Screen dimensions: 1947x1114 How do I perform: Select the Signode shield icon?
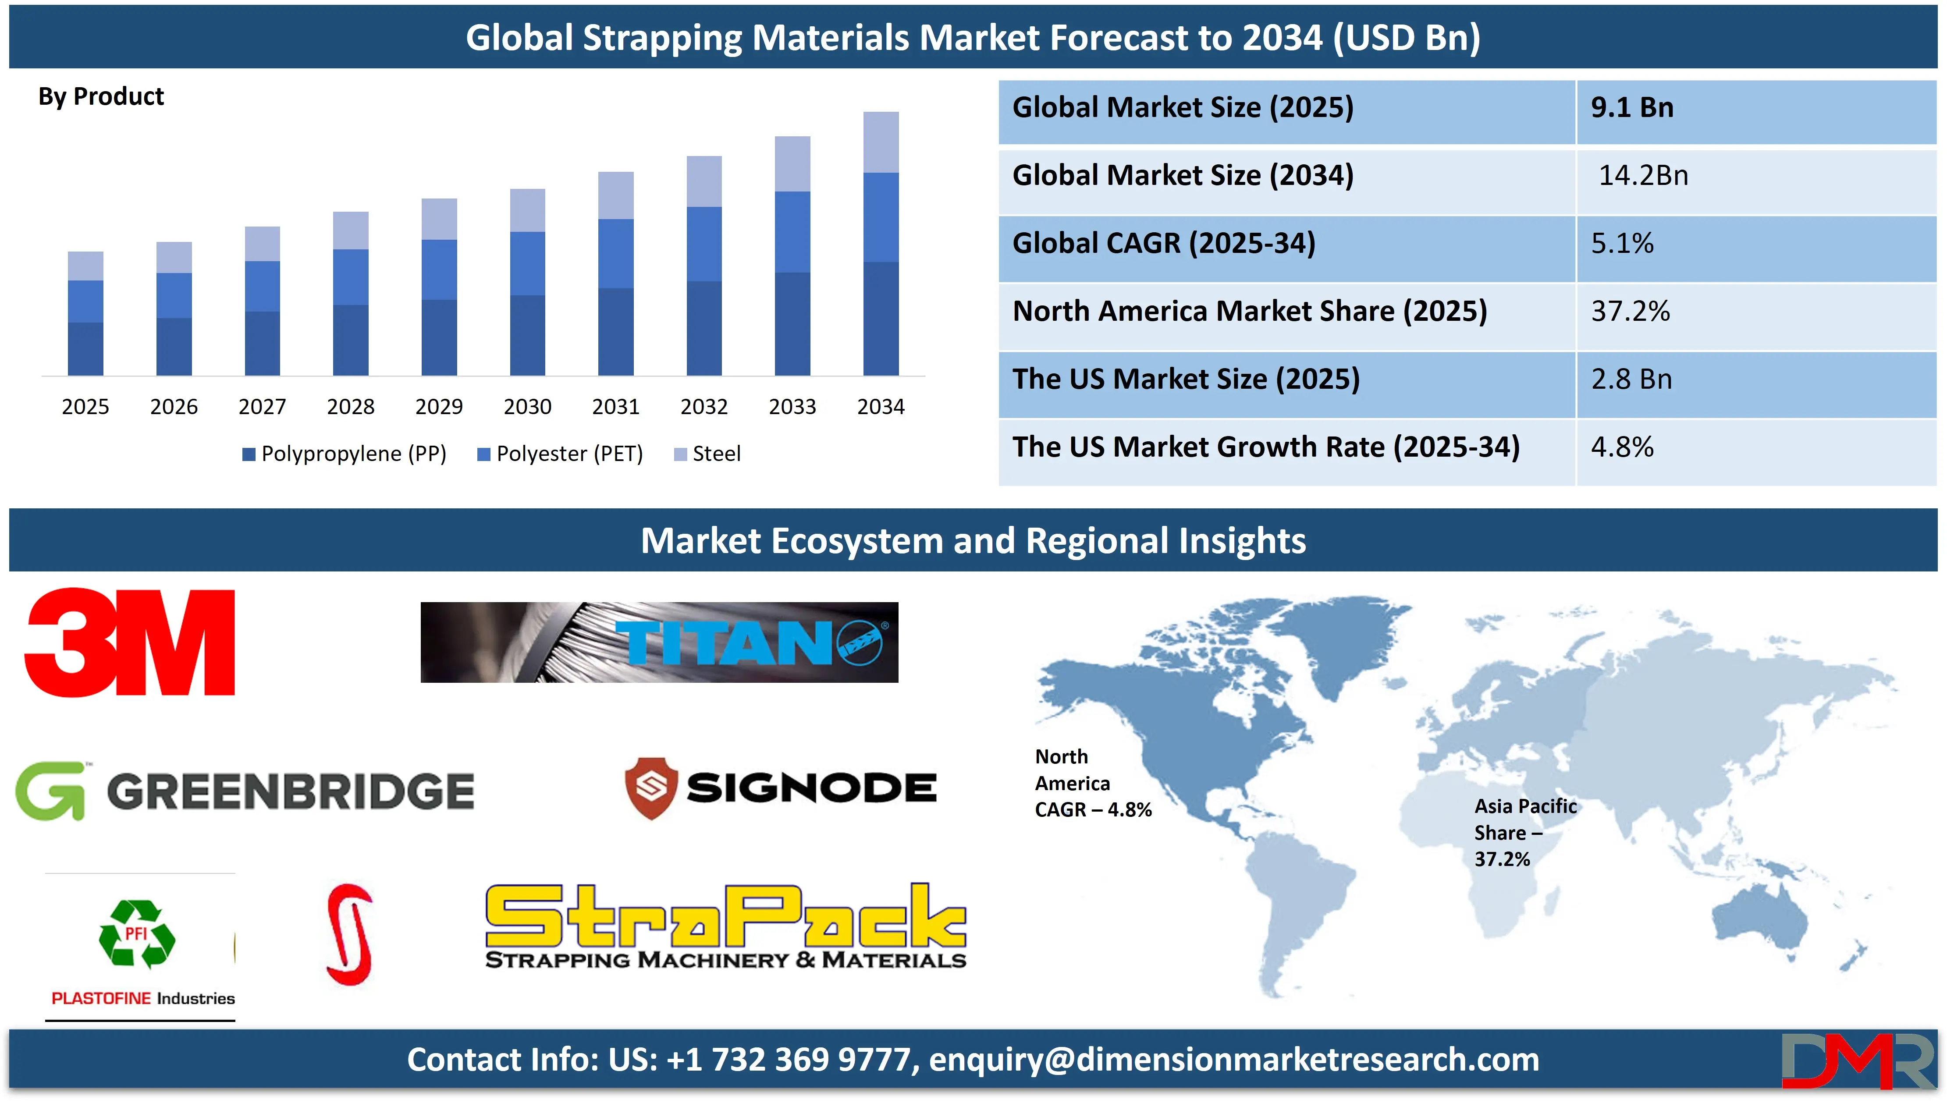tap(651, 788)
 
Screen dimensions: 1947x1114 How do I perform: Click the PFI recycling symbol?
tap(137, 934)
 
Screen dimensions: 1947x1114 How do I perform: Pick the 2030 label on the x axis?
tap(527, 406)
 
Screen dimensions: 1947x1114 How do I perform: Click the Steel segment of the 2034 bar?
tap(881, 142)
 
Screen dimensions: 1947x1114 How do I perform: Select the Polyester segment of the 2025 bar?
tap(85, 302)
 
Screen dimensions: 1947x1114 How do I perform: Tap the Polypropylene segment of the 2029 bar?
tap(439, 337)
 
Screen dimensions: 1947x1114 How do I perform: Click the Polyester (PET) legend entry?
tap(560, 454)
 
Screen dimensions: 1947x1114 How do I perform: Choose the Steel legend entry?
tap(707, 454)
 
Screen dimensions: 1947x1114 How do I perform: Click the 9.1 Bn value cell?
tap(1633, 107)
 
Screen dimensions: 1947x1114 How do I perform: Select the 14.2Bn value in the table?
tap(1643, 175)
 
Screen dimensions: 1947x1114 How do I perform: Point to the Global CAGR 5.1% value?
tap(1622, 243)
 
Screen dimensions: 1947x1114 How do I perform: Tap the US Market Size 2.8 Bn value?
tap(1631, 379)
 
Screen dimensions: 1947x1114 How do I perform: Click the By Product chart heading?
tap(101, 96)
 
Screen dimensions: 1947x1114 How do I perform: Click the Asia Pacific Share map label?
tap(1525, 833)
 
